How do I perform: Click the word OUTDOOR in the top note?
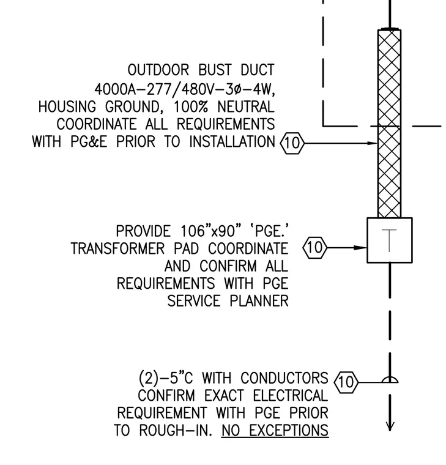tap(158, 70)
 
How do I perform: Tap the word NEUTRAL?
tap(246, 106)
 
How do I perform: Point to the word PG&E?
tap(89, 141)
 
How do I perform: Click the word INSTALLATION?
tap(232, 141)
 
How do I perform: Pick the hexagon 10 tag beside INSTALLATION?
tap(292, 143)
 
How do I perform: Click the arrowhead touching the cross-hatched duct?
tap(372, 143)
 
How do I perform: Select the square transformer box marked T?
tap(390, 240)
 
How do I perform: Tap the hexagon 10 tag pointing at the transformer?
tap(315, 247)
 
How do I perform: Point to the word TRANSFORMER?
tap(117, 248)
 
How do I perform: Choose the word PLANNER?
tap(259, 301)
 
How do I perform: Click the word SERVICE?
tap(194, 301)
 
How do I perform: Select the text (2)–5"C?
tap(166, 378)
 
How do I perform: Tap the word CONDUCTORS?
tap(284, 378)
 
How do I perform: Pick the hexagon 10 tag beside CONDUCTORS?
tap(346, 382)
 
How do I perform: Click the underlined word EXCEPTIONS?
tap(289, 430)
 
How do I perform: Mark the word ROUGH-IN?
tap(176, 430)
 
